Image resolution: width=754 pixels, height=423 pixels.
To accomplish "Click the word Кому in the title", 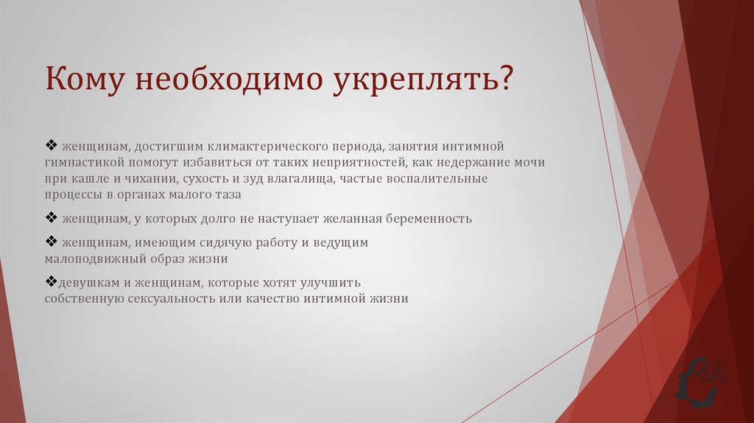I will click(85, 80).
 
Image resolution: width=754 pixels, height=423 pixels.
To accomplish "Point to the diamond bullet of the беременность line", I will click(51, 218).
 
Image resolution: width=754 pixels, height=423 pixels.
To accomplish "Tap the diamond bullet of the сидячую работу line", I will click(51, 242).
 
